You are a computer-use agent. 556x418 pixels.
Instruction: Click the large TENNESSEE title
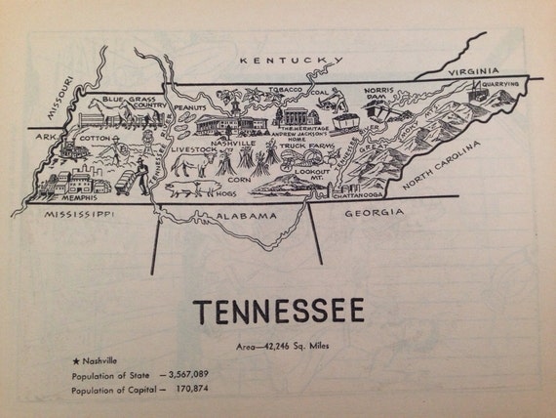click(278, 312)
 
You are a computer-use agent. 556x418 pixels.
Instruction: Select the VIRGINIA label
click(473, 71)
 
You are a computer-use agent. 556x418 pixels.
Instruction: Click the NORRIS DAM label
click(377, 95)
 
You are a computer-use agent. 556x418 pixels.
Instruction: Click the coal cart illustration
click(345, 121)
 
